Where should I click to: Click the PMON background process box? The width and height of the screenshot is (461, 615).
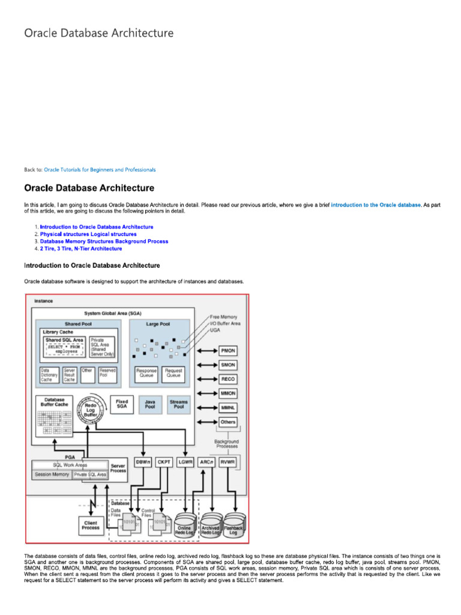[x=228, y=351]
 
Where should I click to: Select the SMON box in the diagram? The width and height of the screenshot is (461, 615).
[x=228, y=365]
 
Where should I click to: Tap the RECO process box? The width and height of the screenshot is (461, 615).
[x=228, y=379]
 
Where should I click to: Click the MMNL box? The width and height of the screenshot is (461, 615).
[x=228, y=407]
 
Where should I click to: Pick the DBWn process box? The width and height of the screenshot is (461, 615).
[x=143, y=462]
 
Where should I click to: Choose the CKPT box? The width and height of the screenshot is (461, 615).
[x=164, y=462]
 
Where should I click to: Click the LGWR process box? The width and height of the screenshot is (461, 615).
[x=185, y=462]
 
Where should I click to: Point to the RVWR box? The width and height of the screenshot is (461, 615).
[x=227, y=462]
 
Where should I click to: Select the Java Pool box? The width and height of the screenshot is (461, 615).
[x=150, y=404]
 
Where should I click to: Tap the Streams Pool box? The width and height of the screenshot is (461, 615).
[x=178, y=404]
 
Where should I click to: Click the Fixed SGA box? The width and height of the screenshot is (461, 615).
[x=121, y=404]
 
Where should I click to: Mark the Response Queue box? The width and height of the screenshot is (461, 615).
[x=146, y=373]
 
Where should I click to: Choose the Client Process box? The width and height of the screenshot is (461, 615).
[x=91, y=526]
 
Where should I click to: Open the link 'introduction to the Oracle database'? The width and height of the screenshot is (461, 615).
[x=376, y=205]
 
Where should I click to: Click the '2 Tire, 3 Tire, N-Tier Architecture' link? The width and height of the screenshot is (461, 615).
[x=81, y=249]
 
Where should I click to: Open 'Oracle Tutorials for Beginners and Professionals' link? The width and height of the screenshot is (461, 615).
[x=100, y=170]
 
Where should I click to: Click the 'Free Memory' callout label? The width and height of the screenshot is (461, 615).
[x=223, y=317]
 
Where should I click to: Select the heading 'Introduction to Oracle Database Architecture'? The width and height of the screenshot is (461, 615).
[x=92, y=265]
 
